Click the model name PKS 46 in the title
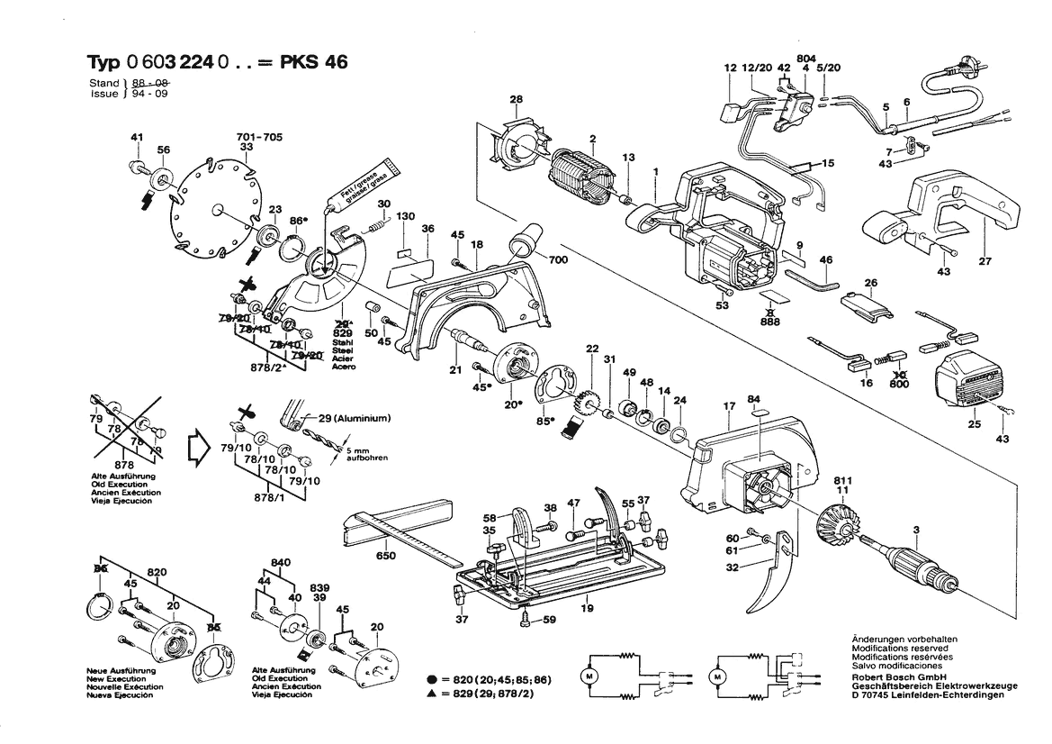click(x=313, y=62)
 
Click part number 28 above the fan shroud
click(x=516, y=99)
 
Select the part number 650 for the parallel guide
click(x=385, y=556)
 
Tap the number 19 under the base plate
click(x=588, y=610)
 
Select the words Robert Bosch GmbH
click(x=896, y=676)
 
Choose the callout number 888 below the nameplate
click(x=770, y=320)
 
